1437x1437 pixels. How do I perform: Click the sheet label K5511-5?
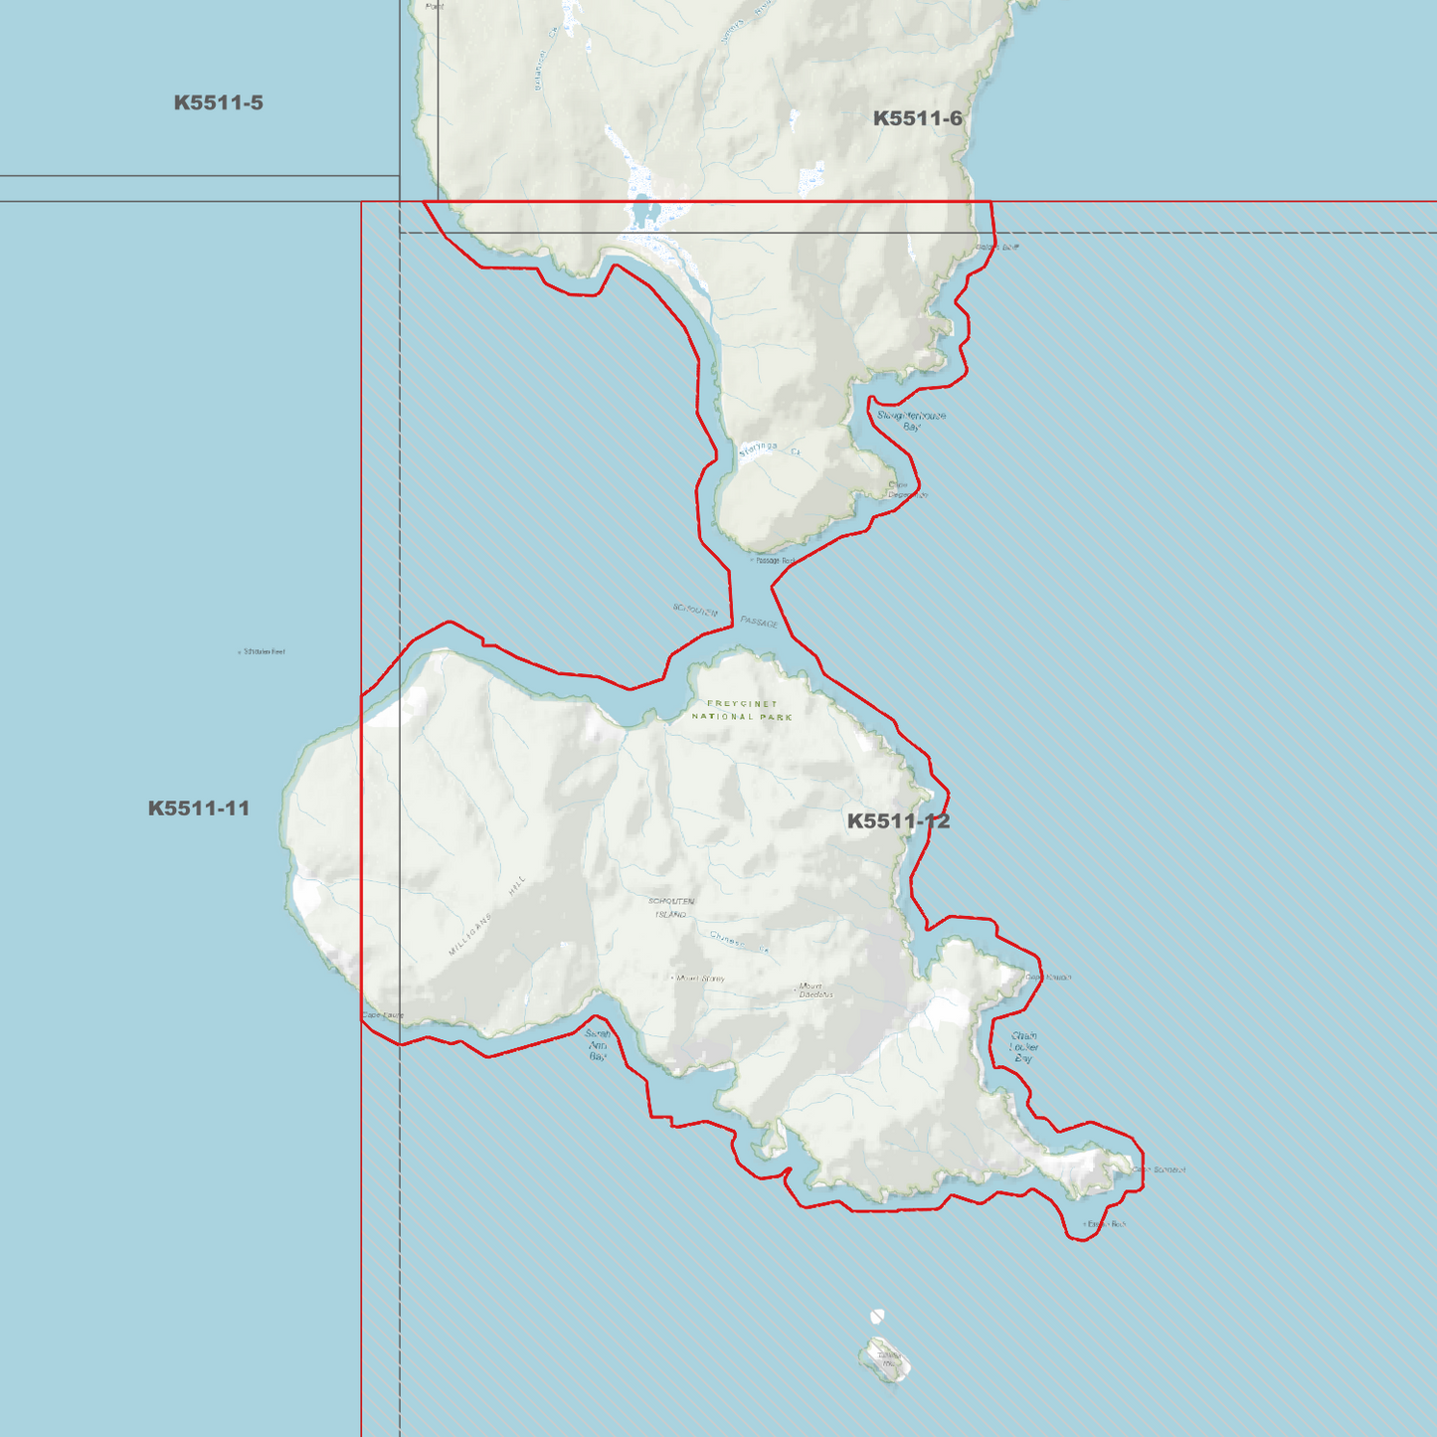coord(219,103)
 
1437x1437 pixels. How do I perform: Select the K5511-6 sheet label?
coord(917,119)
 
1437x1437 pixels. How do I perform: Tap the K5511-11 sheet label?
coord(199,808)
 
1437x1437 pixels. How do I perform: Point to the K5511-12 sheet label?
coord(898,821)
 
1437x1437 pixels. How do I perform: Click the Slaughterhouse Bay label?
coord(911,421)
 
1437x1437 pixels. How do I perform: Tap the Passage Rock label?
coord(775,561)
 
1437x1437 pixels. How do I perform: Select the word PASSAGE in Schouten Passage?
coord(759,622)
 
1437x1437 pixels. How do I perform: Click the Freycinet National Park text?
coord(742,710)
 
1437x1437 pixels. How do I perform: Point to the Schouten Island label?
coord(671,907)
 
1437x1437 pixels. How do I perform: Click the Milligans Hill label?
coord(486,917)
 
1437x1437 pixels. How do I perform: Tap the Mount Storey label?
coord(699,979)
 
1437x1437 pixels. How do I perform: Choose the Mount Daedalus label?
coord(815,989)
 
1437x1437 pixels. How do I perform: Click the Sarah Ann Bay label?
coord(598,1045)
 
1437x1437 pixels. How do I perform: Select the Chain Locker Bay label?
coord(1023,1047)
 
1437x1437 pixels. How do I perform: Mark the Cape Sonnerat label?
coord(1160,1169)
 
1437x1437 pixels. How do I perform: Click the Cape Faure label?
coord(384,1015)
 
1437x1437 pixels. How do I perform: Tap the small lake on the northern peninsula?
coord(644,212)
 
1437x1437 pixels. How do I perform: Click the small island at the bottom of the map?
coord(884,1359)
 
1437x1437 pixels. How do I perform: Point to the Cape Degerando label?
coord(907,490)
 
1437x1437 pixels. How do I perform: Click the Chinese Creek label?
coord(739,941)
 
